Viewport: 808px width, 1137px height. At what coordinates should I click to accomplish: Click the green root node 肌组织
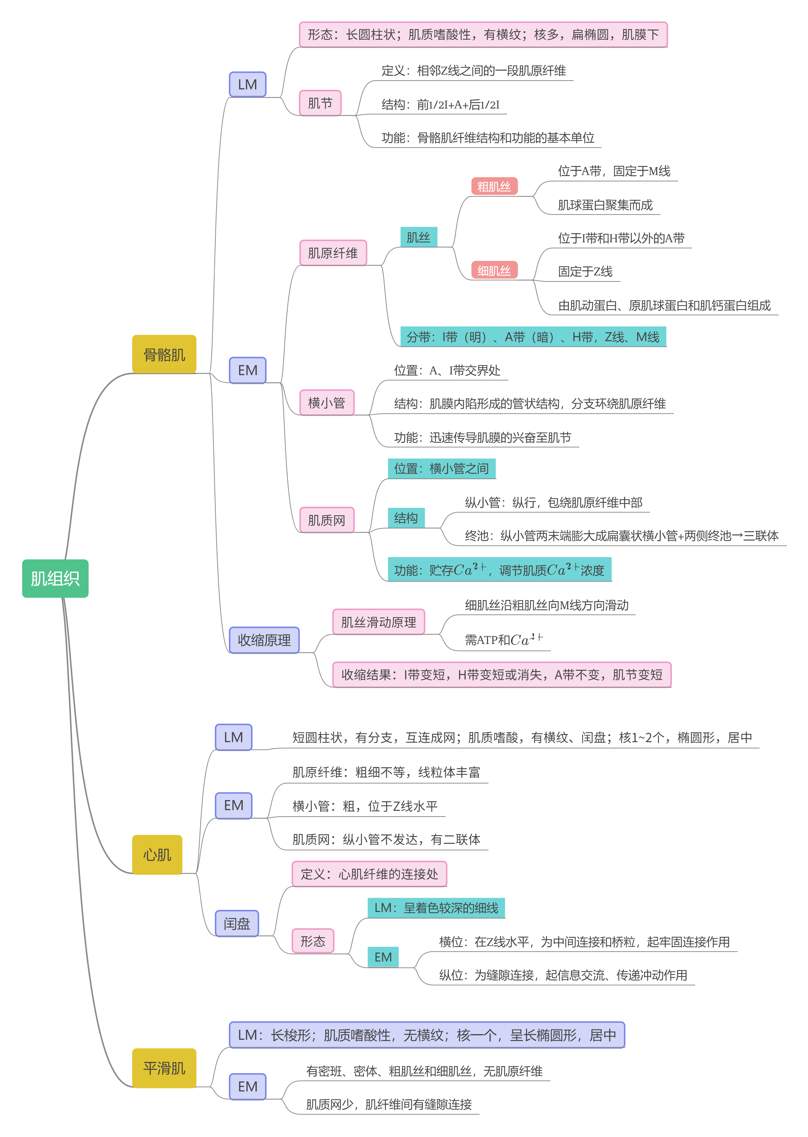click(x=55, y=578)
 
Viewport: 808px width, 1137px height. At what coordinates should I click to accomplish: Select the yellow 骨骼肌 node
click(x=164, y=354)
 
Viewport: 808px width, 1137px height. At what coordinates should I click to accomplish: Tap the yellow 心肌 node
click(x=157, y=854)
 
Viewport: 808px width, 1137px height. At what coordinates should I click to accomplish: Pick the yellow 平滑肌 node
click(x=164, y=1068)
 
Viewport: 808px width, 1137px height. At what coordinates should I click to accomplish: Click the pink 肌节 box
click(x=320, y=103)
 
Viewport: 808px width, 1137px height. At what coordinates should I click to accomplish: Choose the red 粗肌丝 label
click(x=494, y=187)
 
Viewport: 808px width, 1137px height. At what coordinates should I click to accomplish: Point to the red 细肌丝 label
click(x=494, y=270)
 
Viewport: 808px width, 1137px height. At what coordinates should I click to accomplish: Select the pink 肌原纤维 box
click(x=333, y=253)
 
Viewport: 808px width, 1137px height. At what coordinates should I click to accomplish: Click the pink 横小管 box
click(x=326, y=402)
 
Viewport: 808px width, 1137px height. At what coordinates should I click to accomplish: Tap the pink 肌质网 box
click(x=326, y=520)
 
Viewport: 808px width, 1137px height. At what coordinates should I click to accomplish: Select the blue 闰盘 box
click(x=237, y=924)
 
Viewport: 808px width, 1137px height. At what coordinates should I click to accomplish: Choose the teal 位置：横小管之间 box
click(x=441, y=468)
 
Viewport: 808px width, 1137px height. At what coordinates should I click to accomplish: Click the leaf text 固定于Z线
click(x=585, y=271)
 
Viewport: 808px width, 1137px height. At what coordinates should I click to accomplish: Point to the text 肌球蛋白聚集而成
click(x=605, y=205)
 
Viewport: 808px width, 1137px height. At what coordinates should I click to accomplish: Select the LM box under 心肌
click(x=233, y=737)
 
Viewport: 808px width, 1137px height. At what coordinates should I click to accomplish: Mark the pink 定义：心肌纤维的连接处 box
click(x=369, y=874)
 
